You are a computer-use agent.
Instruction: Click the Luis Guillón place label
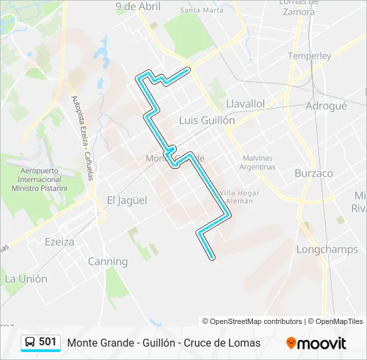point(207,121)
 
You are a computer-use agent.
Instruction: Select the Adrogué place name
point(326,105)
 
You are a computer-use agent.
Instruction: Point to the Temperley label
point(310,56)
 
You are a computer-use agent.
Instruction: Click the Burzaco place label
point(314,173)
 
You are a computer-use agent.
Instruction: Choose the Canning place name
point(107,261)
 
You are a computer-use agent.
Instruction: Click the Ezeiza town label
point(59,242)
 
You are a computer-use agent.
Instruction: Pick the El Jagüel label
point(127,200)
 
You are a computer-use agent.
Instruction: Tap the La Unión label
point(26,279)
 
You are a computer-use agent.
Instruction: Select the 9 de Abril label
point(138,7)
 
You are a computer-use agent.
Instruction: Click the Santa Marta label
point(202,10)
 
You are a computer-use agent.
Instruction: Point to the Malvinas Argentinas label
point(258,163)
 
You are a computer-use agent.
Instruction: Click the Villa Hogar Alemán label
point(240,197)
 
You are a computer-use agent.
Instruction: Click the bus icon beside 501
point(30,342)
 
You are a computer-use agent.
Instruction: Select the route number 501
point(47,342)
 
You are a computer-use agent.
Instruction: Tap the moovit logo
point(316,343)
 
